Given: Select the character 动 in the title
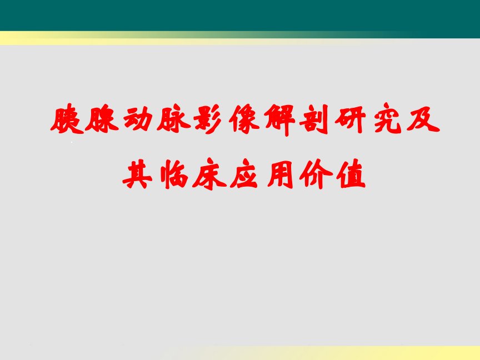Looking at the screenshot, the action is pyautogui.click(x=138, y=119).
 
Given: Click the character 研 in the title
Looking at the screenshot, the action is pyautogui.click(x=351, y=119).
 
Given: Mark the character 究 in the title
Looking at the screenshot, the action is pyautogui.click(x=387, y=119).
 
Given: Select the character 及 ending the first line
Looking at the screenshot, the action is pyautogui.click(x=423, y=119).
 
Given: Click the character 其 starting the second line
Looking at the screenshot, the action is pyautogui.click(x=137, y=173).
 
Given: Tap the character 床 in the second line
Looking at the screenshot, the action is pyautogui.click(x=209, y=173).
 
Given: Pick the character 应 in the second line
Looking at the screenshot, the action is pyautogui.click(x=244, y=173).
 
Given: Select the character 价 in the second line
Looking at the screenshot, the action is pyautogui.click(x=316, y=173).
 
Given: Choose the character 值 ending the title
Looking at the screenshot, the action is pyautogui.click(x=351, y=173).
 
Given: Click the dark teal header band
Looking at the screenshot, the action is pyautogui.click(x=240, y=16).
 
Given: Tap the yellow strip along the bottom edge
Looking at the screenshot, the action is pyautogui.click(x=337, y=353).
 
